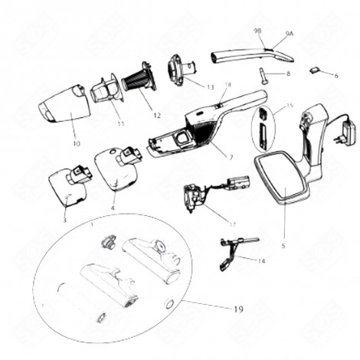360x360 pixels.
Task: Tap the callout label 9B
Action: pos(257,31)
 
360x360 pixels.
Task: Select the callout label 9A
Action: pos(289,34)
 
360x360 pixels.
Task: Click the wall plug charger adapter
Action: pos(337,131)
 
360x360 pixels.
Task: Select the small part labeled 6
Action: pos(316,71)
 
